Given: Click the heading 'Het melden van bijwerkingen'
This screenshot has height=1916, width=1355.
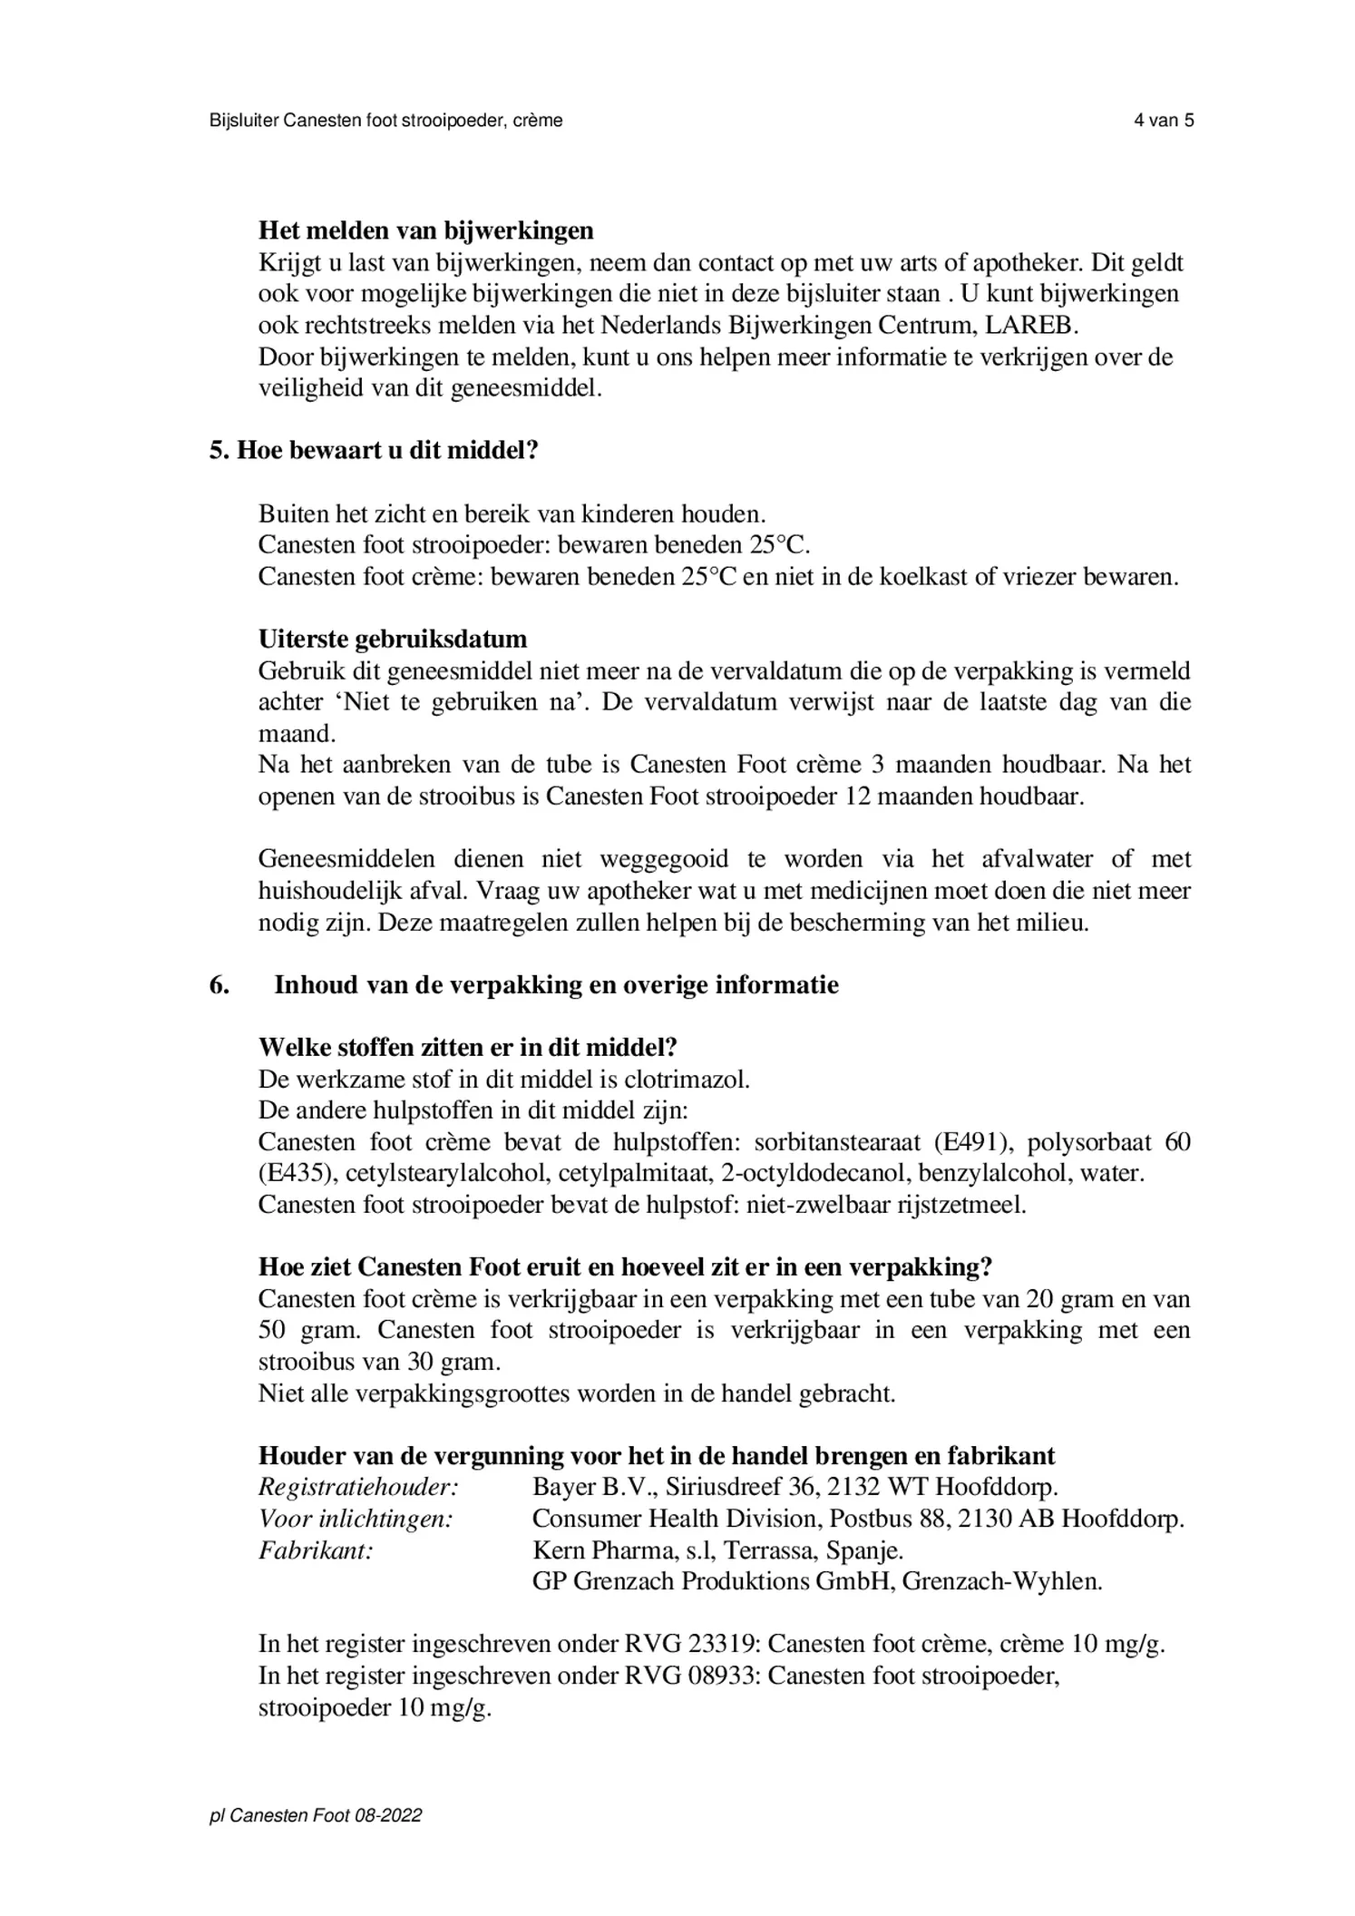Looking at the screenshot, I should pyautogui.click(x=425, y=230).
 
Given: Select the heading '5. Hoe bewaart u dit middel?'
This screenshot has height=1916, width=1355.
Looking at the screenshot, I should pyautogui.click(x=374, y=450).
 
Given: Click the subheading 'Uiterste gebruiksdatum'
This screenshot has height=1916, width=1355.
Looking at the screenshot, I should pyautogui.click(x=392, y=639).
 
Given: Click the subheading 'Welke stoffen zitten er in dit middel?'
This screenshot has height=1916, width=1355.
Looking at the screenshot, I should pyautogui.click(x=468, y=1048).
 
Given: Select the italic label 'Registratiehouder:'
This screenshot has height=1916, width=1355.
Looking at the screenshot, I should pyautogui.click(x=358, y=1487).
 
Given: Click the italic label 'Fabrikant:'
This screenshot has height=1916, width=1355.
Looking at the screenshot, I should pyautogui.click(x=316, y=1549).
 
